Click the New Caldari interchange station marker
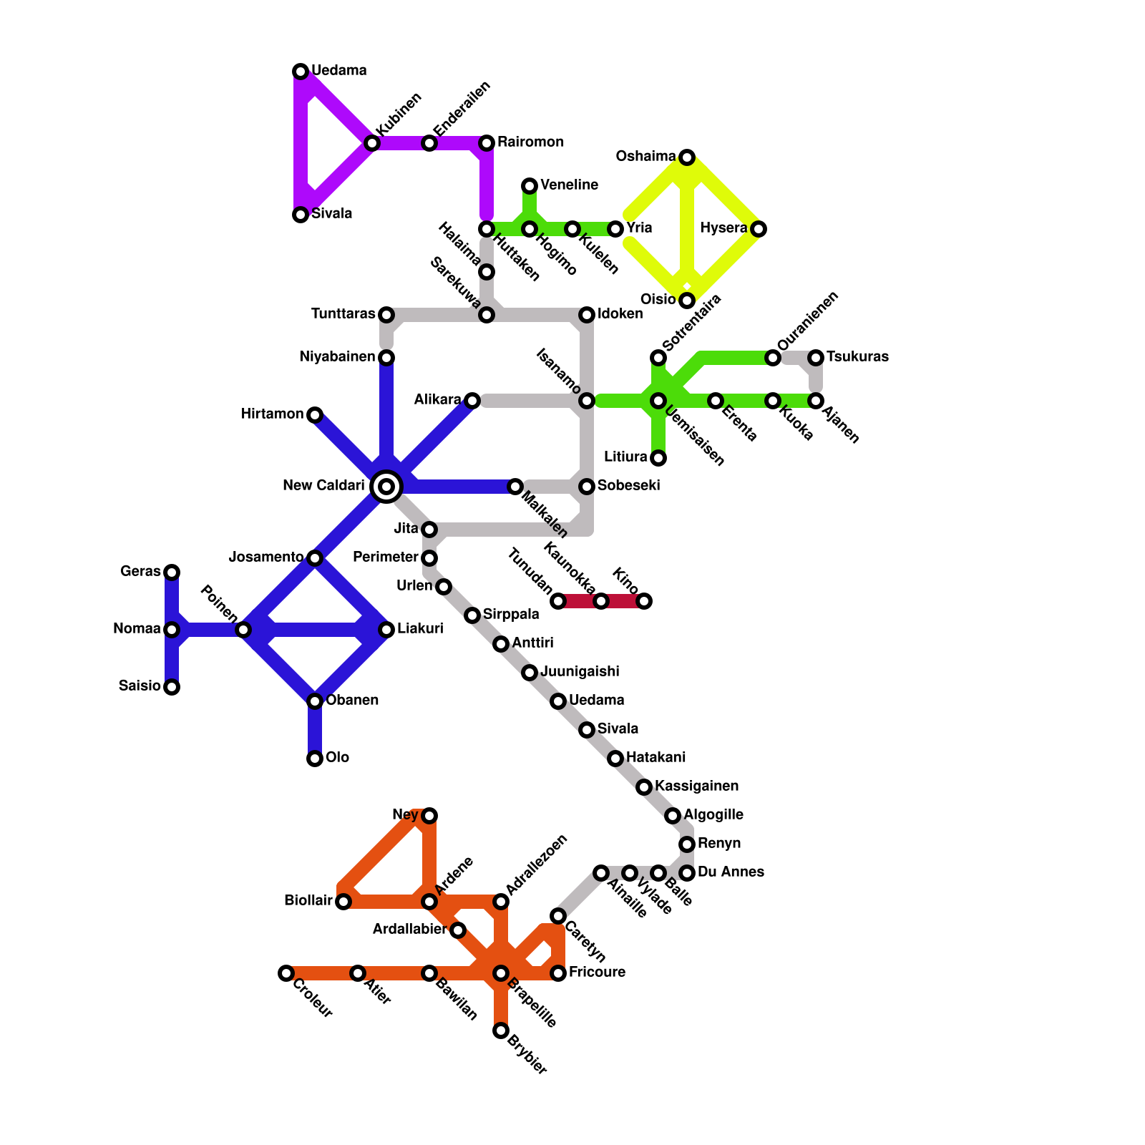(x=386, y=487)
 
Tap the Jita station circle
(x=429, y=530)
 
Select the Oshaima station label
(x=645, y=156)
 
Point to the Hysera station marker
(x=759, y=229)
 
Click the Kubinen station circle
(x=372, y=143)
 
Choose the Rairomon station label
(x=530, y=142)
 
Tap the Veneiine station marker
(x=530, y=186)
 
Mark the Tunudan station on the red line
(x=558, y=601)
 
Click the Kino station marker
(x=644, y=601)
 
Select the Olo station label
(x=337, y=757)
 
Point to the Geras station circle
(x=172, y=572)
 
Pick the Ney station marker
(x=429, y=816)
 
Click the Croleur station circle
(x=286, y=973)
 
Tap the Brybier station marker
(x=501, y=1030)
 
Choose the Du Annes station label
(x=731, y=872)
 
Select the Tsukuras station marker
(x=816, y=358)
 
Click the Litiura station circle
(x=658, y=458)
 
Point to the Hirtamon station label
(x=272, y=414)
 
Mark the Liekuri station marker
(x=386, y=630)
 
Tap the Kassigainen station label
(x=696, y=786)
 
